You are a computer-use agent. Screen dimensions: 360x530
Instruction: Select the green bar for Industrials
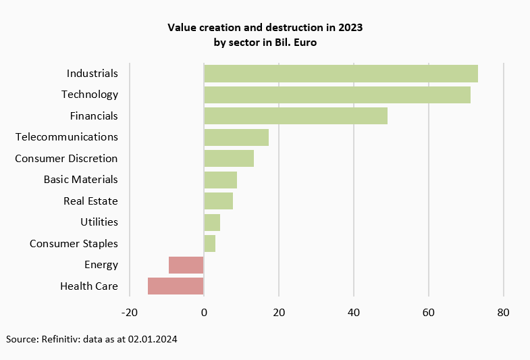coord(341,73)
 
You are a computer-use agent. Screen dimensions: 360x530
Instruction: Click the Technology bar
coord(337,95)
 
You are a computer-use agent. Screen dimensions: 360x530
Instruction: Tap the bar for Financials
coord(296,115)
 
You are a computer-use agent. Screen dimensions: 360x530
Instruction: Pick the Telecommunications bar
coord(236,137)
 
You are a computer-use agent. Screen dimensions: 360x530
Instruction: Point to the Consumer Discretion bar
coord(229,158)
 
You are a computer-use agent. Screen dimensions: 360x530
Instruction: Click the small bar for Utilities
coord(212,222)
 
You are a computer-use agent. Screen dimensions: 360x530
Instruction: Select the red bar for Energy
coord(186,265)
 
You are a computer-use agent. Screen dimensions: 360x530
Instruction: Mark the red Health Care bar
coord(176,286)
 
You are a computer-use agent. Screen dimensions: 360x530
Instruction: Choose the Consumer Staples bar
coord(209,243)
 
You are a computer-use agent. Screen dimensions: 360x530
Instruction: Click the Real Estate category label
coord(90,201)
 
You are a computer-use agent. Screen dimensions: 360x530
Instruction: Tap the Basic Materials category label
coord(80,180)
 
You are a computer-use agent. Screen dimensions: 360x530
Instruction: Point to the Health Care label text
coord(88,286)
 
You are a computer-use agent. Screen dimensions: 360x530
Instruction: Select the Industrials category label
coord(92,73)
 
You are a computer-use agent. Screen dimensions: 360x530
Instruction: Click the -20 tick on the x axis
coord(129,312)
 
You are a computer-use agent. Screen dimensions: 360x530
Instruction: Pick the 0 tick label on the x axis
coord(204,312)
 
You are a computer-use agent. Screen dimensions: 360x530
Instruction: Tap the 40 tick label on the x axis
coord(353,312)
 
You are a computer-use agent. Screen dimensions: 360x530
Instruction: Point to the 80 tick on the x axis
coord(503,312)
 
